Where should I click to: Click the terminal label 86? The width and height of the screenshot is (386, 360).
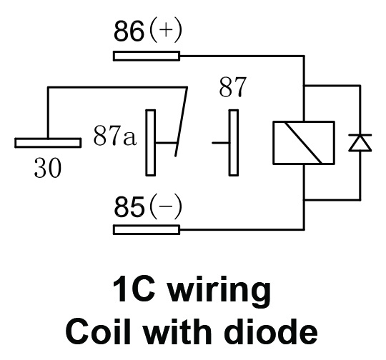click(129, 31)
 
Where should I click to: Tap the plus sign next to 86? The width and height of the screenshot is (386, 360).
click(165, 31)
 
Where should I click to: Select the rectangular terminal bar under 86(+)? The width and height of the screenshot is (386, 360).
click(147, 56)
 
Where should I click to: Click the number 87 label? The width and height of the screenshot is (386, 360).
click(232, 87)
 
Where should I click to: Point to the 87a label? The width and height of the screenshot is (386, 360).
click(114, 135)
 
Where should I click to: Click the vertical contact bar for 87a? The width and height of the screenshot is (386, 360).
click(151, 143)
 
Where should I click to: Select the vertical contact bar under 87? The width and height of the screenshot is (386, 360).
click(234, 143)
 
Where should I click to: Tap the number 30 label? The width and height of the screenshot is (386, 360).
click(47, 168)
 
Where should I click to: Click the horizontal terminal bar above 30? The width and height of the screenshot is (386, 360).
click(48, 143)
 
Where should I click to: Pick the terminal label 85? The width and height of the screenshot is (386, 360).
click(129, 206)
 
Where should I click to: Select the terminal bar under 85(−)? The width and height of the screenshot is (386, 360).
click(147, 230)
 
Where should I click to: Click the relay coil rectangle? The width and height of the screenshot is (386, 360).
click(304, 143)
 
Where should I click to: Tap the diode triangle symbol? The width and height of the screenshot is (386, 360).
click(360, 142)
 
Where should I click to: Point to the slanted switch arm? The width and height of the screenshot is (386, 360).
click(181, 121)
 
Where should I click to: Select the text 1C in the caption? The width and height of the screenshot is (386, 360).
click(134, 289)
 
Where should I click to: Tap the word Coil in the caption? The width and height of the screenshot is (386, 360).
click(98, 331)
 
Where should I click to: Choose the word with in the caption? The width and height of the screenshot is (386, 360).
click(177, 331)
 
